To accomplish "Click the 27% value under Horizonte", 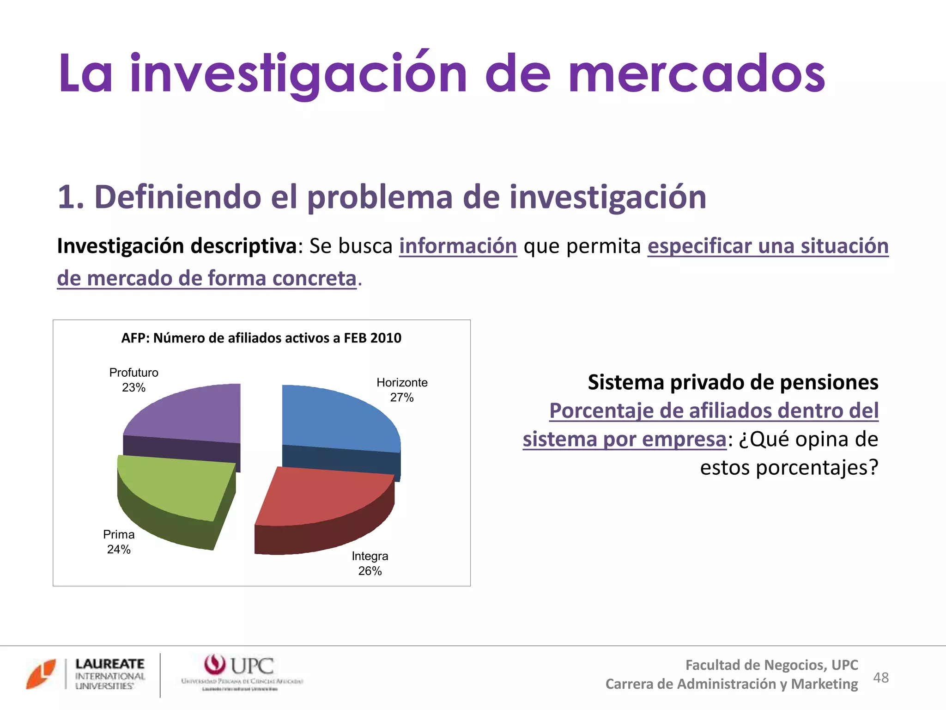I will tap(402, 398).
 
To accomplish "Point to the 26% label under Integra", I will tap(370, 571).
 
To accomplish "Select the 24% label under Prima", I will tap(119, 549).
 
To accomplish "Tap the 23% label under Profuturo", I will tap(133, 387).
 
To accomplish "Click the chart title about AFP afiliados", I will tap(261, 338).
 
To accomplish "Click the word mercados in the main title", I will tap(697, 74).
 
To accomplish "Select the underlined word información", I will tap(458, 246).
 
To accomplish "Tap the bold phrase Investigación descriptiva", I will tap(177, 246).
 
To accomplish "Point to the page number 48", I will tap(881, 678).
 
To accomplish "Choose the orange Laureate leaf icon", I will tap(41, 673).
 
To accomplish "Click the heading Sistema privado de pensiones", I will tap(733, 382).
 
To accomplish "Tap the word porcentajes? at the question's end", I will tap(816, 467).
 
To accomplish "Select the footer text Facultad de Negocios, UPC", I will tap(771, 665).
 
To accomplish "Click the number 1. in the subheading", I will tap(71, 197).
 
